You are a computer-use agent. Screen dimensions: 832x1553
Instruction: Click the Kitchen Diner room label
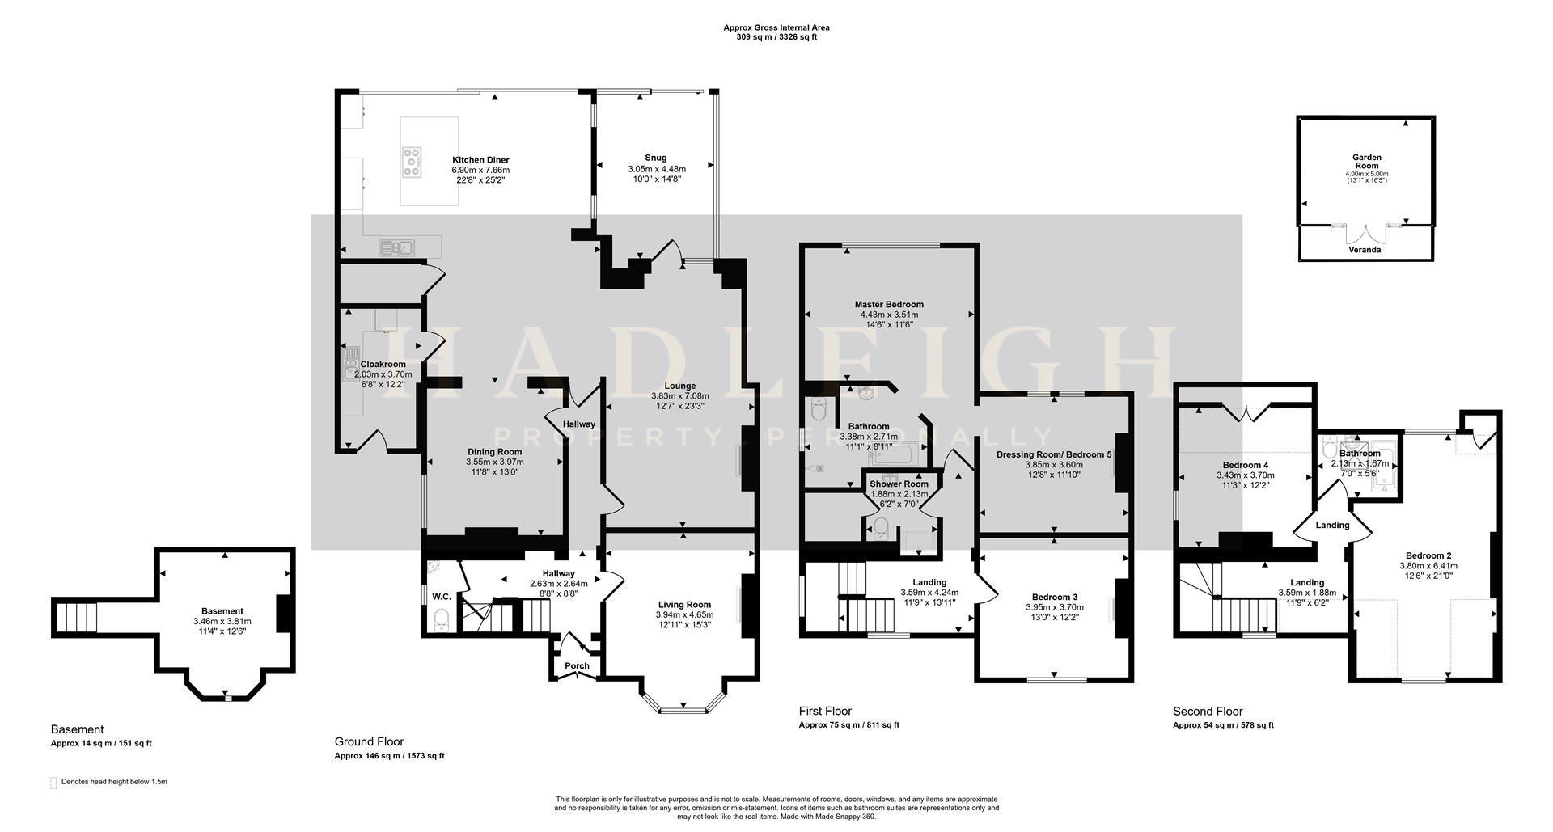tap(480, 160)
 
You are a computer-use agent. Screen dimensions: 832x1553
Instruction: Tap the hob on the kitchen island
tap(412, 161)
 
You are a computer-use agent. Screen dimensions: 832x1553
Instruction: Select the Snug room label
tap(656, 158)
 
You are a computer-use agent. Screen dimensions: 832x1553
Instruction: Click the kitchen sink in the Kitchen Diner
tap(397, 247)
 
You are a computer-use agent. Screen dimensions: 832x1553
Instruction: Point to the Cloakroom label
tap(383, 365)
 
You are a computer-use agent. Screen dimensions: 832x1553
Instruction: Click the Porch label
tap(577, 666)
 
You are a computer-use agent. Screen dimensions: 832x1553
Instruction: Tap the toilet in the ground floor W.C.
tap(442, 621)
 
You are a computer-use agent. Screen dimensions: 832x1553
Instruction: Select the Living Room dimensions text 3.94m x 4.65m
tap(684, 614)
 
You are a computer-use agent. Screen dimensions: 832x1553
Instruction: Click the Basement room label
tap(222, 611)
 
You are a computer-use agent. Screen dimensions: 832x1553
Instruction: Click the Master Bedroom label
tap(889, 305)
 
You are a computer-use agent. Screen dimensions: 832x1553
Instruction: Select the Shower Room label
tap(899, 484)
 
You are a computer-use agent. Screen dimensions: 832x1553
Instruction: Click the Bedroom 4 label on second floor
tap(1245, 465)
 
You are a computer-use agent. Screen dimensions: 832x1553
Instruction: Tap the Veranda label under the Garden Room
tap(1366, 250)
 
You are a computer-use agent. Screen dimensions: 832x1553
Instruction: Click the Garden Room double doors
tap(1366, 234)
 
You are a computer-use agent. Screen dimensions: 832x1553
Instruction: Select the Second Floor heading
tap(1208, 712)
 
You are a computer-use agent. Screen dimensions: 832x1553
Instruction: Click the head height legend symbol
tap(54, 783)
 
